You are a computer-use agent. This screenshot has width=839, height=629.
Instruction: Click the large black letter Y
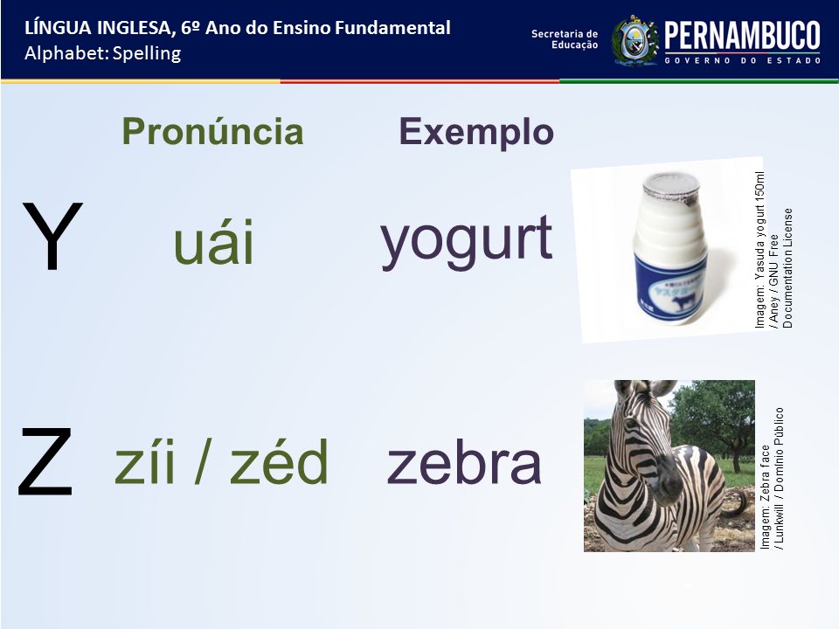click(52, 236)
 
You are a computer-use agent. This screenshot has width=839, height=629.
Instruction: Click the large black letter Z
click(45, 462)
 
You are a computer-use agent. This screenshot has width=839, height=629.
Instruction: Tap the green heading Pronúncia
click(212, 131)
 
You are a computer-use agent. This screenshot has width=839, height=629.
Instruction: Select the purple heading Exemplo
click(476, 132)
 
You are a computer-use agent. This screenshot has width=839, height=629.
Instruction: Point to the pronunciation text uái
click(213, 242)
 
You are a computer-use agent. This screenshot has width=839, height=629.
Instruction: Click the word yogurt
click(466, 240)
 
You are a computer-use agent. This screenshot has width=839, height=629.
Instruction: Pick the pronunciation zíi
click(144, 461)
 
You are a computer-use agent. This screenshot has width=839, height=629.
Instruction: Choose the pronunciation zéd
click(279, 461)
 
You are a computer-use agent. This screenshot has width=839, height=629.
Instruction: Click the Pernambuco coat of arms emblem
click(634, 41)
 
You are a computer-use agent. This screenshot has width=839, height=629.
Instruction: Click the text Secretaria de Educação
click(565, 39)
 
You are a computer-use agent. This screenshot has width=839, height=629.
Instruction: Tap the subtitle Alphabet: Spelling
click(103, 53)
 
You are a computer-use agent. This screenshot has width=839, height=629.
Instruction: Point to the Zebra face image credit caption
click(772, 479)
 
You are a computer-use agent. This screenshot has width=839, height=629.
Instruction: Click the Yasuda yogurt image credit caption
click(773, 250)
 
